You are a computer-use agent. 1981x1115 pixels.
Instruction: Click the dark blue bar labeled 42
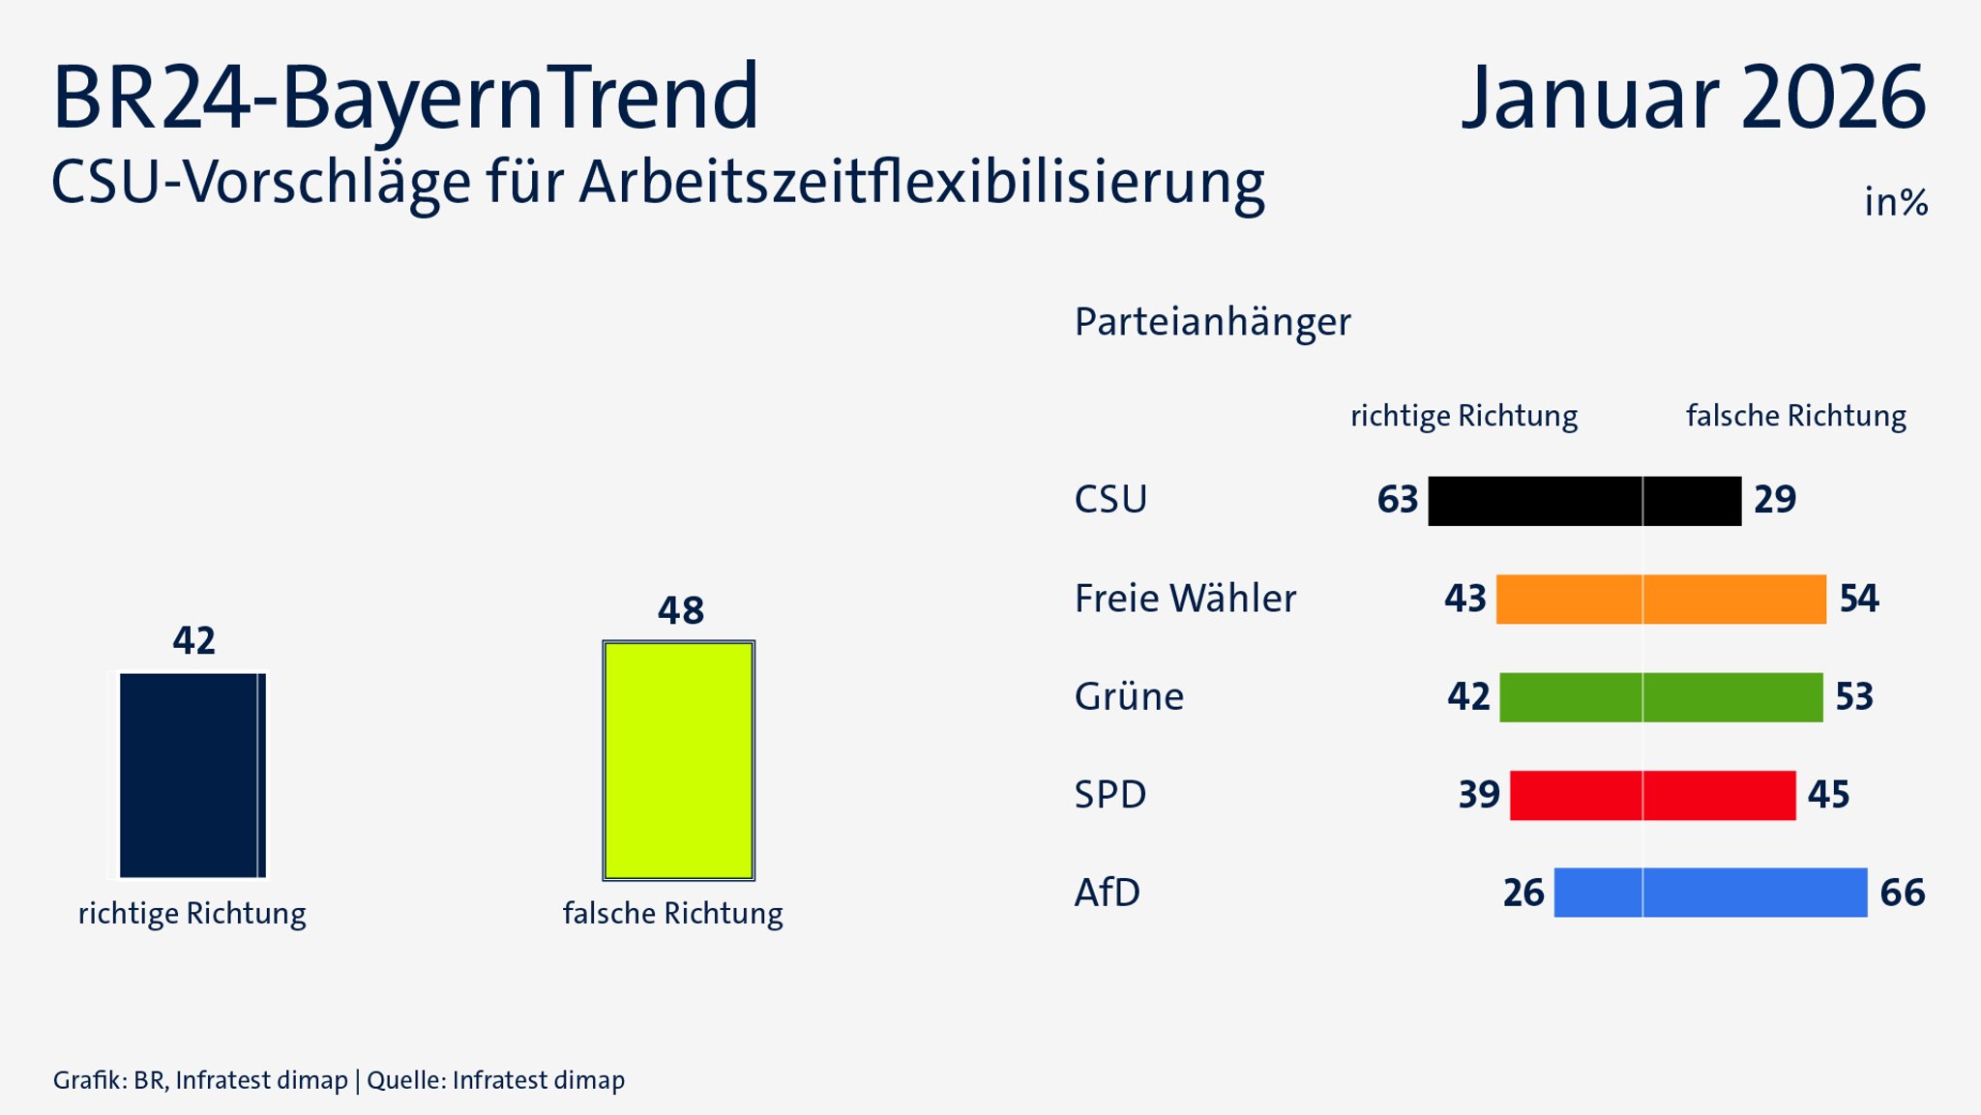(192, 776)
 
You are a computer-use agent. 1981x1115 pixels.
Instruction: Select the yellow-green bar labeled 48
(678, 760)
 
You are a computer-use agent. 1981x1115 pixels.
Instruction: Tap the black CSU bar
(1584, 501)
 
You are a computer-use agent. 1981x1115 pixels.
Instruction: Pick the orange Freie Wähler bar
(1661, 600)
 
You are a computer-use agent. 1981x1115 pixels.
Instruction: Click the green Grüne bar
(1661, 697)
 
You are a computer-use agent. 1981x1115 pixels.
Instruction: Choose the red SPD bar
(1652, 795)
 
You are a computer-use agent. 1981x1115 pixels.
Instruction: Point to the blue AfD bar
(1710, 893)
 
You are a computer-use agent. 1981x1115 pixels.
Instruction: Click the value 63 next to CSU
(1397, 500)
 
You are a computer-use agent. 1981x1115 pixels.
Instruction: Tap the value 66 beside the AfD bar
(1902, 893)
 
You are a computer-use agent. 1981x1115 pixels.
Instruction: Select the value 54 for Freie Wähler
(1858, 599)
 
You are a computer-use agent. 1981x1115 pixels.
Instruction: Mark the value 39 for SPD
(1478, 795)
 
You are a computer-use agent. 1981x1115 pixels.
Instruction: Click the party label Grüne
(1129, 697)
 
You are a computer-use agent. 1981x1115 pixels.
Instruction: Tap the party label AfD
(1107, 893)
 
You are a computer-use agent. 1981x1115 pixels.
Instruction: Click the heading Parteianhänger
(1212, 322)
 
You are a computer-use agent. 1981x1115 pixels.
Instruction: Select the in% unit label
(1895, 203)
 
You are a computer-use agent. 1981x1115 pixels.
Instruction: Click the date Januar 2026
(1693, 98)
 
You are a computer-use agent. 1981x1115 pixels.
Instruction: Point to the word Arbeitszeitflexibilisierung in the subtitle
(922, 183)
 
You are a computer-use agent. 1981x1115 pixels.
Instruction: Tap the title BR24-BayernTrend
(405, 98)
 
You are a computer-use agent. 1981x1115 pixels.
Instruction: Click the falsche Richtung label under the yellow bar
(672, 914)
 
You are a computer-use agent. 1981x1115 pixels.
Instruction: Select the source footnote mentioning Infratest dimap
(339, 1080)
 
